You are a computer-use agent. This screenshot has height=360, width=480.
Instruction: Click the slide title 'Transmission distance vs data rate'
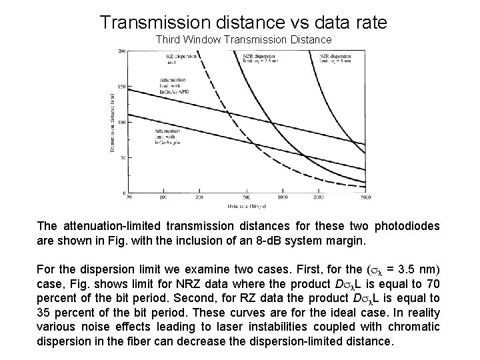[243, 22]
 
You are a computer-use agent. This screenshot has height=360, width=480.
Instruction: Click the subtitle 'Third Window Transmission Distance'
[243, 39]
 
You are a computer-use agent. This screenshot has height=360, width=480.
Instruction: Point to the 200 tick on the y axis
[122, 52]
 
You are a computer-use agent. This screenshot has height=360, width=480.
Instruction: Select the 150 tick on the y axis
[122, 87]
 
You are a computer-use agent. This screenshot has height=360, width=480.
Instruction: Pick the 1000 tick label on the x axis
[283, 198]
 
